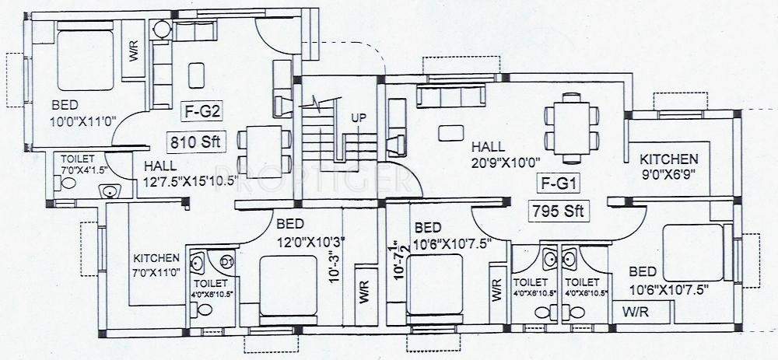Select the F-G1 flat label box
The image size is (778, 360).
coord(558,183)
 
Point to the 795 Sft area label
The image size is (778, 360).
coord(558,211)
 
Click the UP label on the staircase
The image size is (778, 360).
coord(359,117)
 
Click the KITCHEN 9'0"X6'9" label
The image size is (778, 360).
coord(669,166)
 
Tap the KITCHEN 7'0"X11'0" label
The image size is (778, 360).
coord(156,265)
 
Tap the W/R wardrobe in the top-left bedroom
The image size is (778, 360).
coord(134,54)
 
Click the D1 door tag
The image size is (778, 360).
coord(228,260)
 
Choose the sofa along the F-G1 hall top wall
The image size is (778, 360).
coord(450,96)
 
